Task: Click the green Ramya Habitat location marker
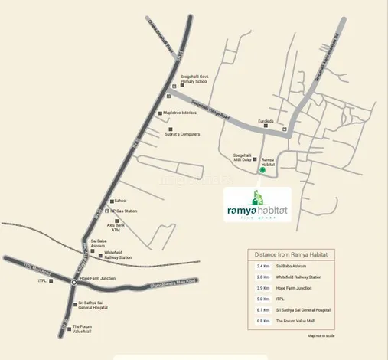click(x=262, y=170)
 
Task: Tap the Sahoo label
click(x=119, y=201)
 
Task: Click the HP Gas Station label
click(x=124, y=211)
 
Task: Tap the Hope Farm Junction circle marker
click(x=73, y=282)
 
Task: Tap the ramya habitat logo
click(x=258, y=205)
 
